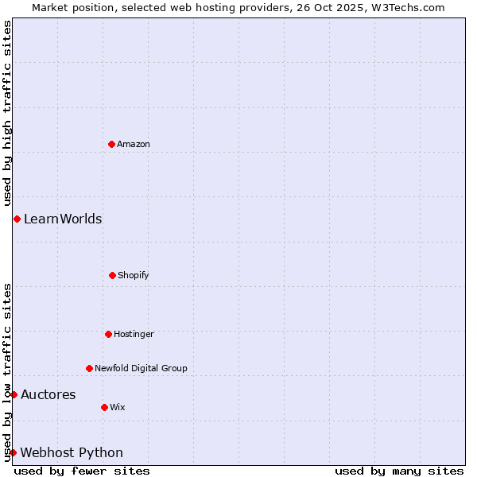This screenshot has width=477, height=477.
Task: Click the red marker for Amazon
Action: click(111, 144)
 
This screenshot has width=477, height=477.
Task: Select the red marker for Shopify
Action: click(112, 275)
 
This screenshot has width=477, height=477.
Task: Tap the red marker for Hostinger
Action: click(108, 334)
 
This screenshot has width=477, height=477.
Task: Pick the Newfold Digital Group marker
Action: click(89, 368)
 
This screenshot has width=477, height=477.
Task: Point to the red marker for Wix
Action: click(104, 407)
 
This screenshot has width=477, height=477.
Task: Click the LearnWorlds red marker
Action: click(17, 219)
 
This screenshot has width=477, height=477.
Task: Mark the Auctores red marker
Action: click(14, 394)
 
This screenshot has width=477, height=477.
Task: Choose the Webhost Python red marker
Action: click(14, 452)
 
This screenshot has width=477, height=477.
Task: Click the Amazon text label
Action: click(134, 144)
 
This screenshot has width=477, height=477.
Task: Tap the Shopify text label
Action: click(134, 275)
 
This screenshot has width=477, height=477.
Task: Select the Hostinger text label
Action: click(134, 334)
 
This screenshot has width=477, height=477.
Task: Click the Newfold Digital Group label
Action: click(142, 368)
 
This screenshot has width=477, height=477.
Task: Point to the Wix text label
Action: click(118, 407)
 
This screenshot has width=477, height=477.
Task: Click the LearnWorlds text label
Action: click(63, 219)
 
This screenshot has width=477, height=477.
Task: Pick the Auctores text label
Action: click(48, 394)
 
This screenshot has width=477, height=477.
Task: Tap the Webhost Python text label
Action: click(72, 452)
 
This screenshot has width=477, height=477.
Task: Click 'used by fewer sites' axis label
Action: click(82, 471)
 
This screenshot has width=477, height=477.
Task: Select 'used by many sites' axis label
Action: click(399, 471)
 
